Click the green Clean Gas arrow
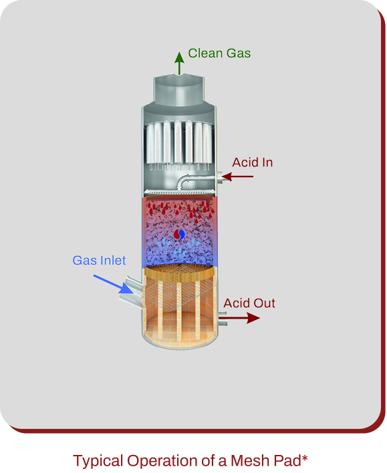tap(179, 63)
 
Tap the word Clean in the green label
tap(205, 53)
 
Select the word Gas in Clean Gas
tap(239, 53)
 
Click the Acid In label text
tap(253, 162)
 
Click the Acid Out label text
tap(249, 303)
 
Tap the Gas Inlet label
tap(99, 261)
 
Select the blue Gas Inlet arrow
tap(113, 284)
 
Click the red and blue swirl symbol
tap(180, 234)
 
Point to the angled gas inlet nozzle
tap(131, 292)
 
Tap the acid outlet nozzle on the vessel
tap(222, 319)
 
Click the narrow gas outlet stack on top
tap(179, 90)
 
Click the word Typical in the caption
tap(97, 461)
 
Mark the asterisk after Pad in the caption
tap(304, 458)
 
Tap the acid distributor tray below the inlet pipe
tap(180, 193)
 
